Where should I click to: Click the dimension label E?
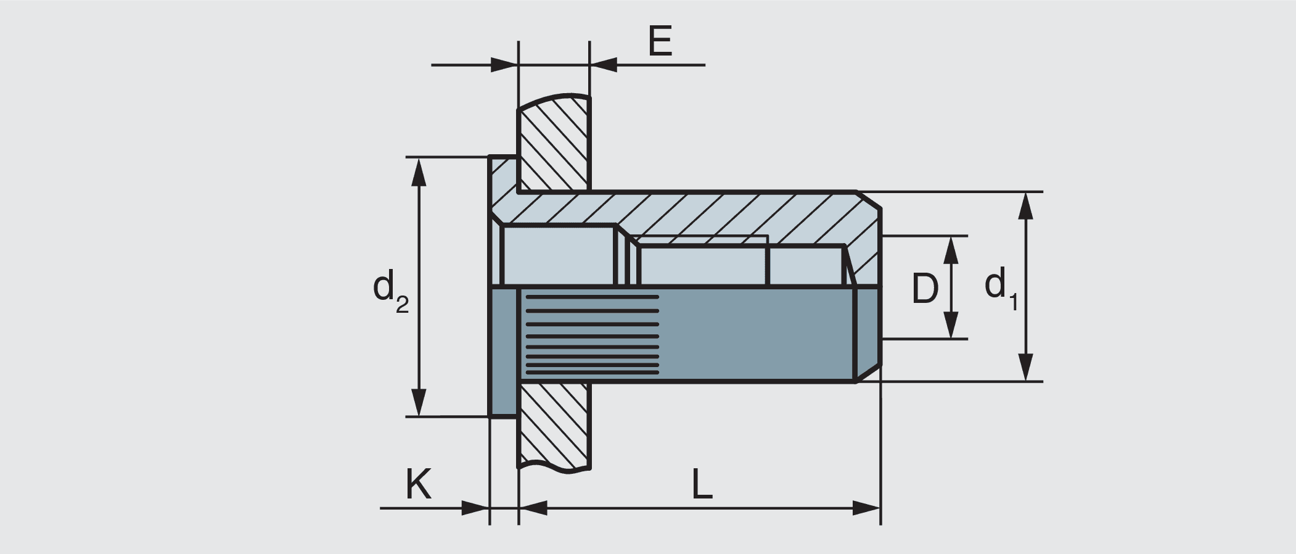[660, 42]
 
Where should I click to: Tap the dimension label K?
[418, 484]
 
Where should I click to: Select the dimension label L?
[702, 484]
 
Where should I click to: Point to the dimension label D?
[925, 288]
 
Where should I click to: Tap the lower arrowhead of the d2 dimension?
[419, 403]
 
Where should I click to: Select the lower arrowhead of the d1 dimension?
[1025, 368]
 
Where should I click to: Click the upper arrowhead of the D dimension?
[951, 249]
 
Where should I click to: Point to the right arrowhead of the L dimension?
[866, 508]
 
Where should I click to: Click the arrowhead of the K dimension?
[475, 508]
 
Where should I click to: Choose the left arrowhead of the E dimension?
[504, 64]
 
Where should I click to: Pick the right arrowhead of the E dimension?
[604, 64]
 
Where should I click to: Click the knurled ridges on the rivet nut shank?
[591, 335]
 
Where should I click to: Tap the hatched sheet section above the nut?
[554, 145]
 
